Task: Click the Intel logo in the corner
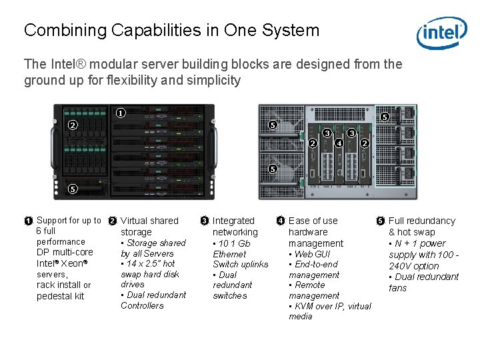[x=441, y=33]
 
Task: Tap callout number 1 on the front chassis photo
[x=120, y=113]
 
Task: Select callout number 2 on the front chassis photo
[x=73, y=125]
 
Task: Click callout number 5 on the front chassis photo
[x=73, y=189]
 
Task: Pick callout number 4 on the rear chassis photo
[x=339, y=143]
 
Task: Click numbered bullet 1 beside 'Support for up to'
[x=29, y=221]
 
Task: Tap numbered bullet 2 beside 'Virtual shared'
[x=113, y=221]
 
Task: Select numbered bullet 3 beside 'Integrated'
[x=205, y=221]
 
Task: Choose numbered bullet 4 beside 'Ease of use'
[x=281, y=221]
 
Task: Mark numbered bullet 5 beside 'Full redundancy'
[x=381, y=221]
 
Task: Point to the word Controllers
[x=142, y=305]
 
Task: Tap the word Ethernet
[x=229, y=254]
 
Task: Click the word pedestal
[x=51, y=296]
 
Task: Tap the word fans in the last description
[x=399, y=288]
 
